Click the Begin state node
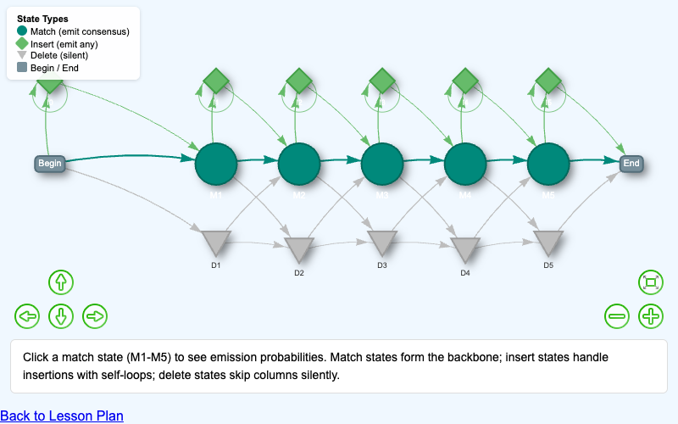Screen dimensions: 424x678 click(50, 163)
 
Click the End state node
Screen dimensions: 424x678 click(631, 163)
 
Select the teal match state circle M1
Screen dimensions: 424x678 click(216, 164)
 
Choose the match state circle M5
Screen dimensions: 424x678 click(548, 164)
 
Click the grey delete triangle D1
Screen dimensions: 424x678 click(216, 243)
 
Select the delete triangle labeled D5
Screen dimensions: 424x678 click(548, 243)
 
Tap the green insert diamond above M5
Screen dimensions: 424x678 click(548, 81)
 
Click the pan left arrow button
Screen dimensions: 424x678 click(27, 316)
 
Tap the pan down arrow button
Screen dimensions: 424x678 click(60, 316)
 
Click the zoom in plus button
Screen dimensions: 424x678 click(650, 316)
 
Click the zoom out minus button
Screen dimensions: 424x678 click(617, 316)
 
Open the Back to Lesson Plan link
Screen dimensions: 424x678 click(62, 416)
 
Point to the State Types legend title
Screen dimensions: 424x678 click(42, 19)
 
